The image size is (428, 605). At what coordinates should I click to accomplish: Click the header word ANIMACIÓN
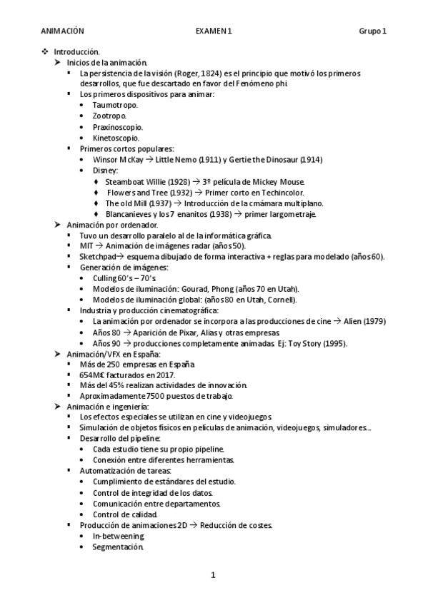tap(63, 31)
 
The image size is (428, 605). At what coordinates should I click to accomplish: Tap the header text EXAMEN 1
tap(214, 31)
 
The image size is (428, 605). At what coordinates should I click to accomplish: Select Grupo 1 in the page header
tap(373, 31)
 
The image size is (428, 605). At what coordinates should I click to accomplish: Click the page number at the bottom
tap(213, 574)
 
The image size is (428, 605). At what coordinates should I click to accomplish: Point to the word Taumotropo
tap(114, 105)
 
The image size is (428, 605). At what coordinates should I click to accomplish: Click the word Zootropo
tap(109, 116)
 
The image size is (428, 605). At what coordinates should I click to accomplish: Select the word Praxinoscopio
tap(117, 127)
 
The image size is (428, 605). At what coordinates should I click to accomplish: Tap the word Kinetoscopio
tap(116, 138)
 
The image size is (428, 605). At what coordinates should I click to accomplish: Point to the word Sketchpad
tap(96, 256)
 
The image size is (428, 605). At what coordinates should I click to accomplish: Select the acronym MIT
tap(86, 245)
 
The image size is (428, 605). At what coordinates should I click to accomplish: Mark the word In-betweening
tap(118, 536)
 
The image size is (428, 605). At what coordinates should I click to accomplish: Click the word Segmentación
tap(117, 547)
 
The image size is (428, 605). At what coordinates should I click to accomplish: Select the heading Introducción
tap(81, 52)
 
